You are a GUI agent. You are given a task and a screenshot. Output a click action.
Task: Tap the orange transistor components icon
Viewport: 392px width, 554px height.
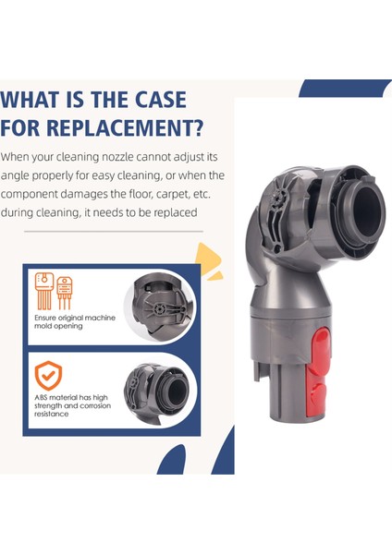[x=52, y=291]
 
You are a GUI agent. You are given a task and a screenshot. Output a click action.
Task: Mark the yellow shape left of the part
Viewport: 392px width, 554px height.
[x=213, y=261]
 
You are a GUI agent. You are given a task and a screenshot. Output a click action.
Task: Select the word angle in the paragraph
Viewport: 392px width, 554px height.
[x=18, y=175]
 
